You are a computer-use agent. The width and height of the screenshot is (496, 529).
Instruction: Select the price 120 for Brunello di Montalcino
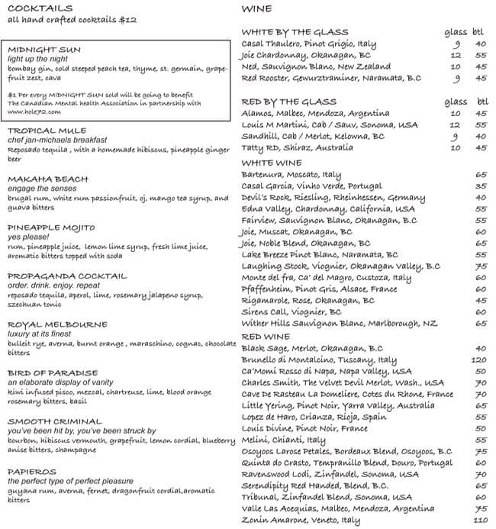[x=478, y=360]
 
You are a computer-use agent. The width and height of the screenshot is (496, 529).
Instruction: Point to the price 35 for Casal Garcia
[x=481, y=185]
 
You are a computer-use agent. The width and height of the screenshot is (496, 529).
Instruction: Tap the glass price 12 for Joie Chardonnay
[x=455, y=55]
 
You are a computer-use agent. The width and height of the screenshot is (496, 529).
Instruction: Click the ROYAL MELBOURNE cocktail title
[x=48, y=324]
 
